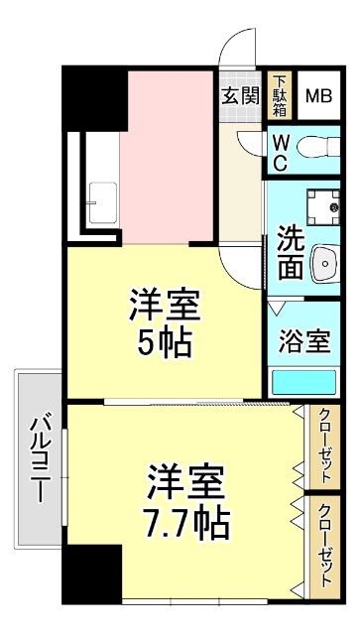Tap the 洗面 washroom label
291,252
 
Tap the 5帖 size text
164,342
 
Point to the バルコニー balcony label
41,457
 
